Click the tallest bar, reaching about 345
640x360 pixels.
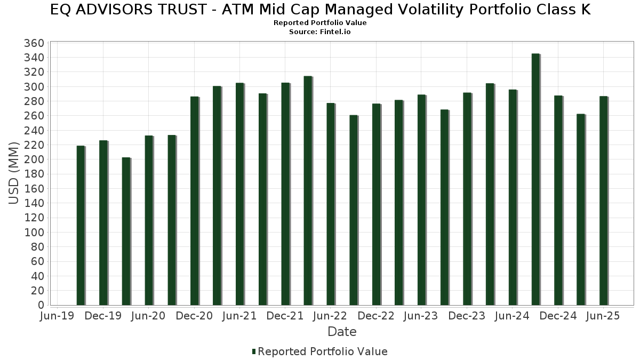(535, 179)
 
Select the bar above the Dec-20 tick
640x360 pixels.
(194, 201)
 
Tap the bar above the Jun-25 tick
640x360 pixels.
(603, 201)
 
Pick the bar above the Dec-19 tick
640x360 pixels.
(103, 223)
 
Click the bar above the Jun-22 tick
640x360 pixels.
(331, 204)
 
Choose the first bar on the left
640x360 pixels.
(81, 226)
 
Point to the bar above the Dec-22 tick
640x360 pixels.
(376, 204)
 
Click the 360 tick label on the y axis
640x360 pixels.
(34, 43)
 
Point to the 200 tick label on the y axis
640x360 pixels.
(34, 159)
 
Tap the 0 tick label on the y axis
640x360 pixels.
(41, 305)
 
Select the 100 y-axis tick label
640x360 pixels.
(34, 233)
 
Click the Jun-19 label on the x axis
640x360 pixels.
(57, 316)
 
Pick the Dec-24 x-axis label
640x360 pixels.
(558, 316)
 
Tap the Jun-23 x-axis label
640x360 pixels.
(421, 316)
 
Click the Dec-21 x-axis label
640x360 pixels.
(285, 316)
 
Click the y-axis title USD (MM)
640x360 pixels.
(13, 173)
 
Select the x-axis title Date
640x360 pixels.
(342, 332)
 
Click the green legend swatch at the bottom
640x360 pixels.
(254, 351)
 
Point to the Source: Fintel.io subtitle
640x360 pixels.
(320, 31)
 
